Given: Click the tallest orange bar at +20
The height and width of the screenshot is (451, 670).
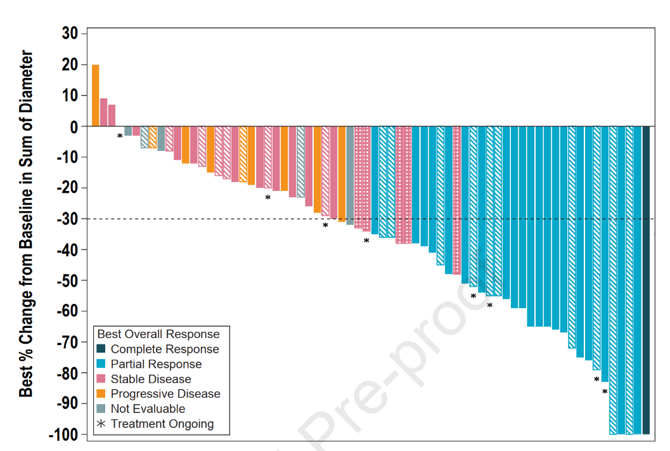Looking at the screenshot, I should tap(95, 95).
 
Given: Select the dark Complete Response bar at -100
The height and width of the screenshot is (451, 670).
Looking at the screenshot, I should tap(646, 280).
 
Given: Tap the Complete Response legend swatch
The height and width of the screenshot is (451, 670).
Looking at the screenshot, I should tap(101, 350).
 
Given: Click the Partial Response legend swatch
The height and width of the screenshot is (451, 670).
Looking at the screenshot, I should tap(101, 364).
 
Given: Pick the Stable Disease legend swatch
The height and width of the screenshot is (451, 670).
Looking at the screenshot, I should tap(101, 379).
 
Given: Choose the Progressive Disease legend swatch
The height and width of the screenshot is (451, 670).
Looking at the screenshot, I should tap(101, 394).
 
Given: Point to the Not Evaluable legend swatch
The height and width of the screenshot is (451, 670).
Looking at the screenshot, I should tap(101, 409).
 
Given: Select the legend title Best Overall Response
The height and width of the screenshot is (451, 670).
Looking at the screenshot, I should tap(158, 334).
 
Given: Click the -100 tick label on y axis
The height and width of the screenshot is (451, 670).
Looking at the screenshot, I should tap(63, 435).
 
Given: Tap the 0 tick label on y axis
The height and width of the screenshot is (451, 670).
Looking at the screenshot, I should tap(74, 126).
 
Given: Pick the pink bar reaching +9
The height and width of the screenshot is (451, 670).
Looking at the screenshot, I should tap(103, 112).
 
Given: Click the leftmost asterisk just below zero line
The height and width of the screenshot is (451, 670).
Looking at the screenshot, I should tap(120, 136).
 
